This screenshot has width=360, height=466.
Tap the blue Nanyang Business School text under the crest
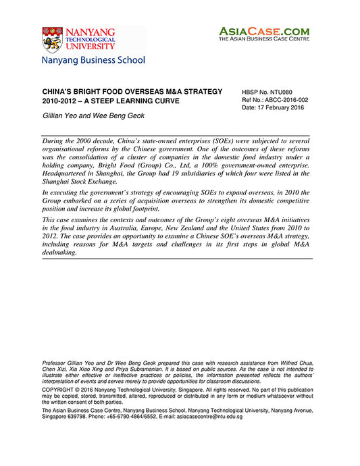tap(93, 60)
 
